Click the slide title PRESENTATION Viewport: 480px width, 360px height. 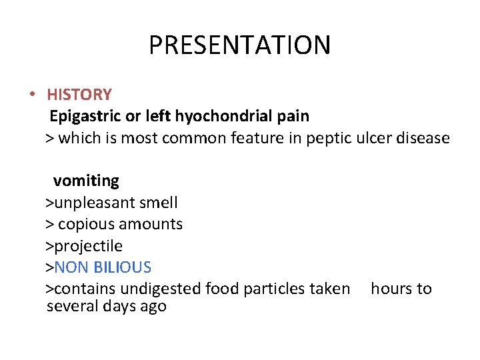click(239, 46)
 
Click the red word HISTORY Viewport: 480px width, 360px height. click(79, 95)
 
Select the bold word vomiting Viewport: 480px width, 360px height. click(86, 181)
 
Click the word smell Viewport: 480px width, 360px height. click(159, 202)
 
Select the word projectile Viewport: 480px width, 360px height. click(88, 246)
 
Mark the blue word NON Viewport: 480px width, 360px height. click(71, 267)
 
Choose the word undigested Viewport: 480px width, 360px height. click(167, 289)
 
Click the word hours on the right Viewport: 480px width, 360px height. click(391, 289)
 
